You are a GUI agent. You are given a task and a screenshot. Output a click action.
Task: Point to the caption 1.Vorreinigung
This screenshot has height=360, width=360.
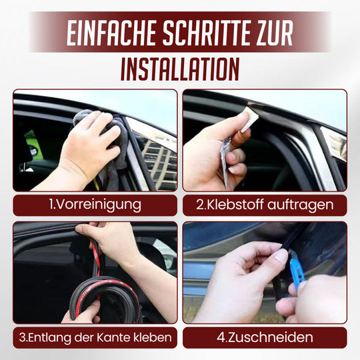tap(95, 205)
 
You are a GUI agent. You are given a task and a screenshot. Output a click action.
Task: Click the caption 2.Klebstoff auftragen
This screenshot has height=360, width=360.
tap(265, 205)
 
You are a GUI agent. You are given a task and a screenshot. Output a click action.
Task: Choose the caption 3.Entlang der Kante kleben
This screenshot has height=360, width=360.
tap(95, 337)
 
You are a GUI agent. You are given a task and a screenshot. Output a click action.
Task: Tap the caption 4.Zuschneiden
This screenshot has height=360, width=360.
tap(265, 337)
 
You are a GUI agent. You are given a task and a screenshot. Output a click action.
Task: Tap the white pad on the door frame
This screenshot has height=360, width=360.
tap(249, 120)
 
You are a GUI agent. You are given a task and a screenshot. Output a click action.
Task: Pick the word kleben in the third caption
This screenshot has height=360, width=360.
tap(155, 337)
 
